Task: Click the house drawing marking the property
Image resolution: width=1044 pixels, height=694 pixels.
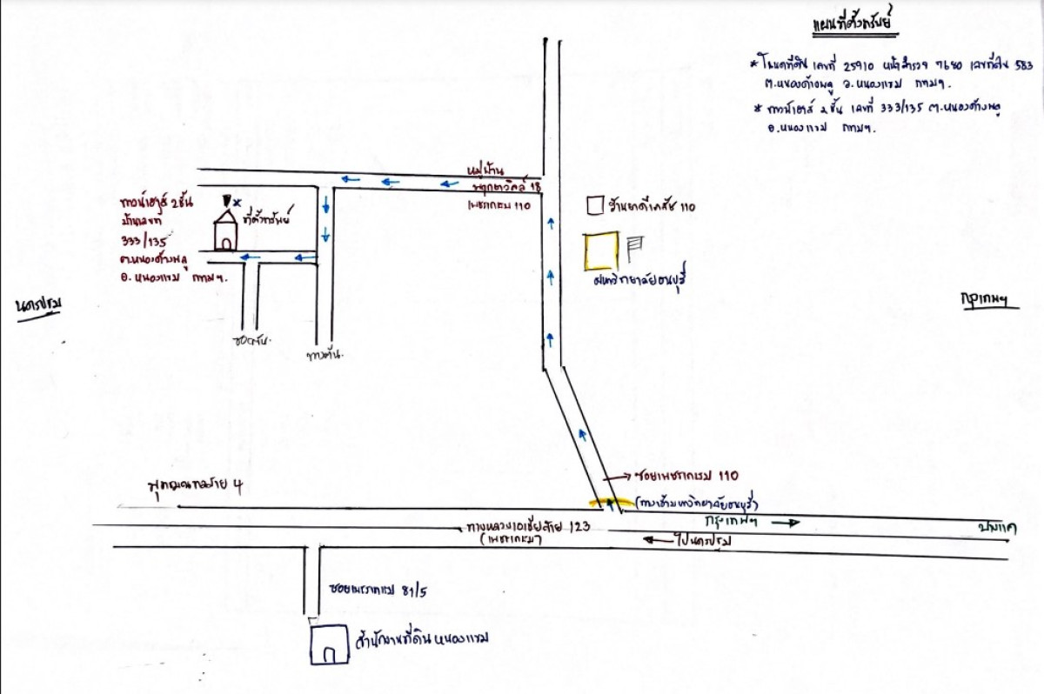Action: pyautogui.click(x=226, y=231)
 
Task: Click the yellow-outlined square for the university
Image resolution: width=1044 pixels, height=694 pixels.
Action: pyautogui.click(x=601, y=250)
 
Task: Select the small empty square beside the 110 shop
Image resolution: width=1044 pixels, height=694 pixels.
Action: pyautogui.click(x=595, y=205)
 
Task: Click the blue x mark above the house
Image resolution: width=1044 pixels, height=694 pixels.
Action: pyautogui.click(x=238, y=202)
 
